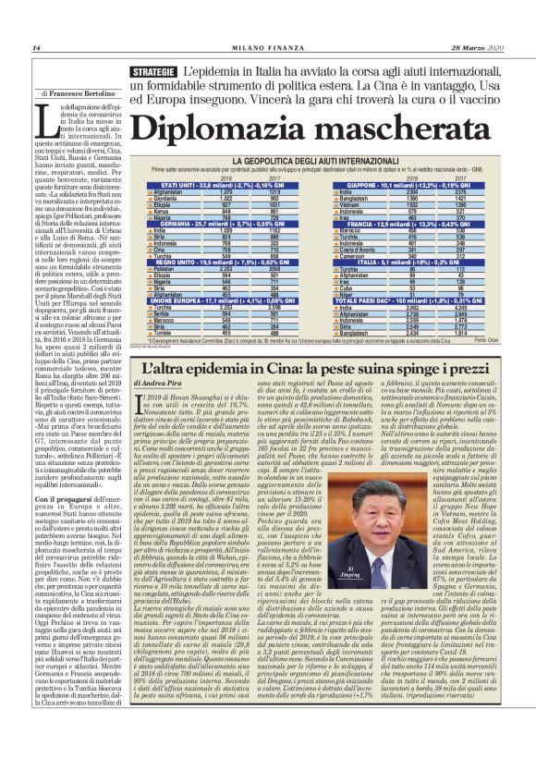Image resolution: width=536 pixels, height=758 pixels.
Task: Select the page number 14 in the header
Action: tap(36, 48)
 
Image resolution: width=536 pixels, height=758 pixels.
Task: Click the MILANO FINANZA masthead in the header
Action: tap(267, 48)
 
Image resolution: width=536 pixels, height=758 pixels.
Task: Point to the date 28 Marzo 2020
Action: tap(480, 48)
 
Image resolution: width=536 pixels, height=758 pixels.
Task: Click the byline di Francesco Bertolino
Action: tap(78, 94)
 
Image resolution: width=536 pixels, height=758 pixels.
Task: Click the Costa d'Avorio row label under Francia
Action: tap(359, 249)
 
